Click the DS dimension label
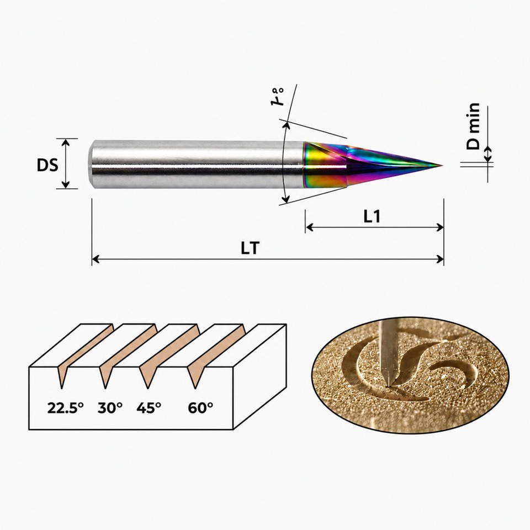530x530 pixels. [x=47, y=165]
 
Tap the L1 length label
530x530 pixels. [x=372, y=216]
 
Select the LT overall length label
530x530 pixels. [x=251, y=248]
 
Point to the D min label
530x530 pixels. [x=473, y=126]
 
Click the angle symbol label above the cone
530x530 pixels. [x=278, y=97]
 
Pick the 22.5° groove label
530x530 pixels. [x=65, y=408]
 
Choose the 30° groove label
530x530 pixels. [x=110, y=408]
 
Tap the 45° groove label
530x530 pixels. [x=149, y=408]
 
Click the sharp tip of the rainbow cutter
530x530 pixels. [x=442, y=165]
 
